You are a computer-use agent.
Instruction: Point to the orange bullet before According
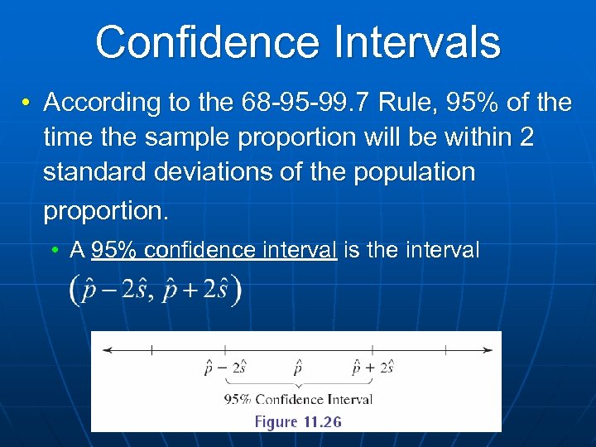pos(27,103)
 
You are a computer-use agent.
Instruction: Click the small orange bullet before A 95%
pos(53,250)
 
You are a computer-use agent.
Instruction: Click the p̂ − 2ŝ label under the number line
pos(225,368)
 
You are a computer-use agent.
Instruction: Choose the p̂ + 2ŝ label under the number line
pos(372,368)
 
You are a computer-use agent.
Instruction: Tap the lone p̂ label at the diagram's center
pos(298,368)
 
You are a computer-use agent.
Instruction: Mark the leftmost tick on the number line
pos(151,350)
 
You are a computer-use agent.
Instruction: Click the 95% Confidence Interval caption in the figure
pos(298,399)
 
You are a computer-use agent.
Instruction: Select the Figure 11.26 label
pos(298,421)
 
